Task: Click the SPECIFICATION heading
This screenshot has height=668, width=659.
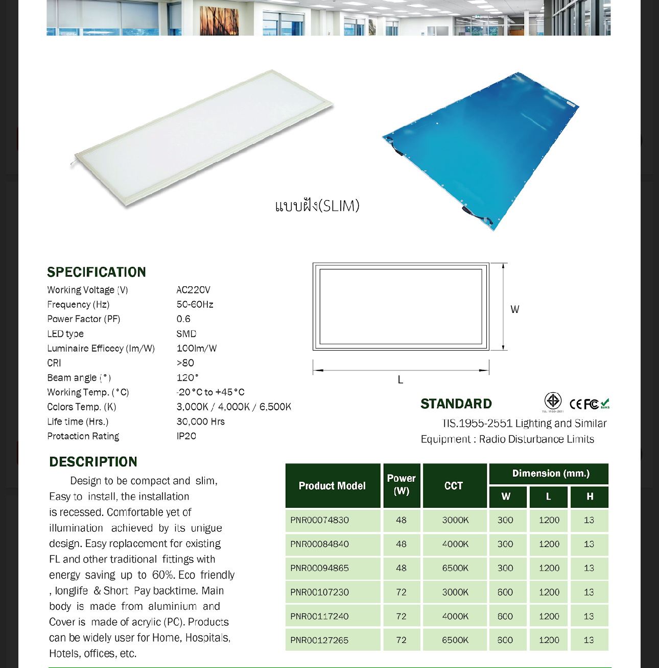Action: (x=97, y=272)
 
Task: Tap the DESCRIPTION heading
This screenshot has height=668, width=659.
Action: (x=93, y=462)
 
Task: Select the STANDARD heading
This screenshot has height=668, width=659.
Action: (x=456, y=404)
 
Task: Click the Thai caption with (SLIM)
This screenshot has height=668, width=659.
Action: (x=317, y=206)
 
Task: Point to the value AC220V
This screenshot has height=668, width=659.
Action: (x=193, y=290)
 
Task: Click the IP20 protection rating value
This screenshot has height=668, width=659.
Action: (x=186, y=436)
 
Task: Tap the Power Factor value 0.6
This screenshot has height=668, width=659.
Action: (x=183, y=319)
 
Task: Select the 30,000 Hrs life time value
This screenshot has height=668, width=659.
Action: (x=200, y=422)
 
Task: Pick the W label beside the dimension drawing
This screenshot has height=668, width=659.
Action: (x=514, y=309)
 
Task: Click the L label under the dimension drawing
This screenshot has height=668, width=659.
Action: (x=401, y=380)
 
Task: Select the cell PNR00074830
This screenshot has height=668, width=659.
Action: (x=320, y=520)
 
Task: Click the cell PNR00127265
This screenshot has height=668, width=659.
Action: (x=320, y=640)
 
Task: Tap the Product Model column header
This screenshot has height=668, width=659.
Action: (x=332, y=486)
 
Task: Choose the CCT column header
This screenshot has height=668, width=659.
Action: (x=454, y=486)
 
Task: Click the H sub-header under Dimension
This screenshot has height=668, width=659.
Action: (x=590, y=497)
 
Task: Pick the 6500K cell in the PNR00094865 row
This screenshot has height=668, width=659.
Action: (x=455, y=568)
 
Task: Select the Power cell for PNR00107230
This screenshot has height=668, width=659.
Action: (x=401, y=592)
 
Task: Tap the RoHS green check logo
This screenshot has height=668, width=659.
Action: (x=605, y=404)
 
